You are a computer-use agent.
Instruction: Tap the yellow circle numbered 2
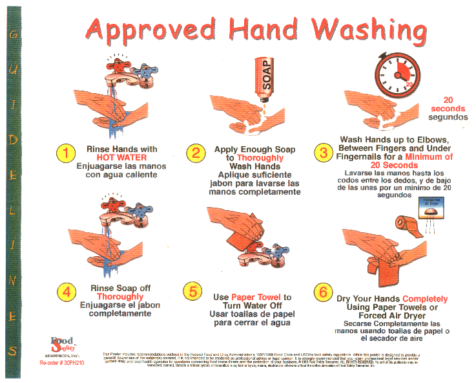[196, 154]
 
